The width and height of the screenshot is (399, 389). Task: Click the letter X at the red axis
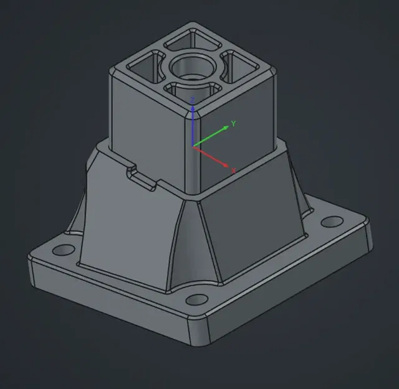tap(234, 170)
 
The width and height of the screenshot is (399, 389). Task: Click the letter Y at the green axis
tap(233, 124)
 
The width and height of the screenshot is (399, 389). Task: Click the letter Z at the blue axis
tap(193, 100)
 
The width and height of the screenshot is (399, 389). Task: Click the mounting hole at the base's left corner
tap(61, 250)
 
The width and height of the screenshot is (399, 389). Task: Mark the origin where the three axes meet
tap(194, 146)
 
